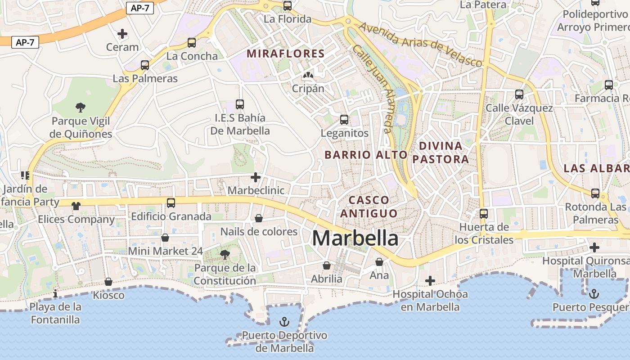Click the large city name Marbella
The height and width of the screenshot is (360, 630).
(x=355, y=238)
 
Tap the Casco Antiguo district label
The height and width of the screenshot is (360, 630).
(x=369, y=207)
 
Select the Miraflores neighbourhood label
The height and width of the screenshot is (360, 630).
(x=285, y=54)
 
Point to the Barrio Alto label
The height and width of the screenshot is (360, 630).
(x=365, y=155)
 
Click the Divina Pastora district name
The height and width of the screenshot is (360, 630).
(x=441, y=152)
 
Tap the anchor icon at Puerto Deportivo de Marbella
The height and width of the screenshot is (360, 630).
(x=284, y=322)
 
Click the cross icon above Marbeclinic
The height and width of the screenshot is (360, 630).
(x=256, y=177)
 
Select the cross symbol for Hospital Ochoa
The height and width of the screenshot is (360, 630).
(x=430, y=281)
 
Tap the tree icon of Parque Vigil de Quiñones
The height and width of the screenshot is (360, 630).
(x=81, y=108)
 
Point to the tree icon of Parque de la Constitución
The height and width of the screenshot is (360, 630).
(x=225, y=255)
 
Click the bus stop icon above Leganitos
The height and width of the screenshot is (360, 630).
(x=344, y=120)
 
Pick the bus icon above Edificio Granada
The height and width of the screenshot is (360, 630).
(x=171, y=203)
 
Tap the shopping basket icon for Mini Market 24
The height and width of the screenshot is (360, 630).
(x=165, y=238)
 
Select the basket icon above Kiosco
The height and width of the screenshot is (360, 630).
(x=108, y=282)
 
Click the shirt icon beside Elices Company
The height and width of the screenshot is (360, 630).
(x=76, y=206)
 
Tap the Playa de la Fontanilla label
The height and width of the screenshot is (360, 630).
(x=56, y=313)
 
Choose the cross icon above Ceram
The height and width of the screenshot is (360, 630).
(x=122, y=34)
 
